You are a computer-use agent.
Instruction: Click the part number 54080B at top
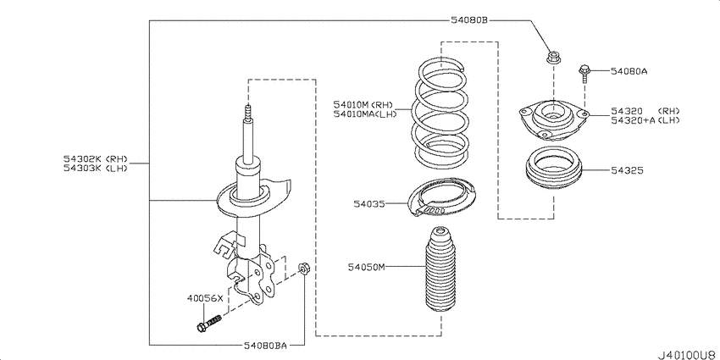click(468, 20)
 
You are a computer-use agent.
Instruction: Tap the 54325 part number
click(627, 170)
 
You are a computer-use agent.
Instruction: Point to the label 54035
click(369, 203)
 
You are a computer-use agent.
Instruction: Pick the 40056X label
click(205, 298)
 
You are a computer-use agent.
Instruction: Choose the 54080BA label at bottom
click(265, 345)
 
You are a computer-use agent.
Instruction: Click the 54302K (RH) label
click(95, 159)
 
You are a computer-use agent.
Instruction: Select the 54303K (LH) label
click(95, 168)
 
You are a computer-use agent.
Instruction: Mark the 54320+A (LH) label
click(645, 119)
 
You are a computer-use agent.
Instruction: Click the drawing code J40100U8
click(689, 355)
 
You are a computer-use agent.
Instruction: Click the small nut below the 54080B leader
click(552, 58)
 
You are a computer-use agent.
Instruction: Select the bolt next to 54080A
click(584, 74)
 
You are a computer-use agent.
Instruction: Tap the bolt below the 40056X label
click(209, 323)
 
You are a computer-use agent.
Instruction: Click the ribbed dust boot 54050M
click(440, 271)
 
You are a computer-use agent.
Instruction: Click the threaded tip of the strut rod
click(248, 113)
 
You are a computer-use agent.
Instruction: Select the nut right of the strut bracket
click(303, 268)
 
